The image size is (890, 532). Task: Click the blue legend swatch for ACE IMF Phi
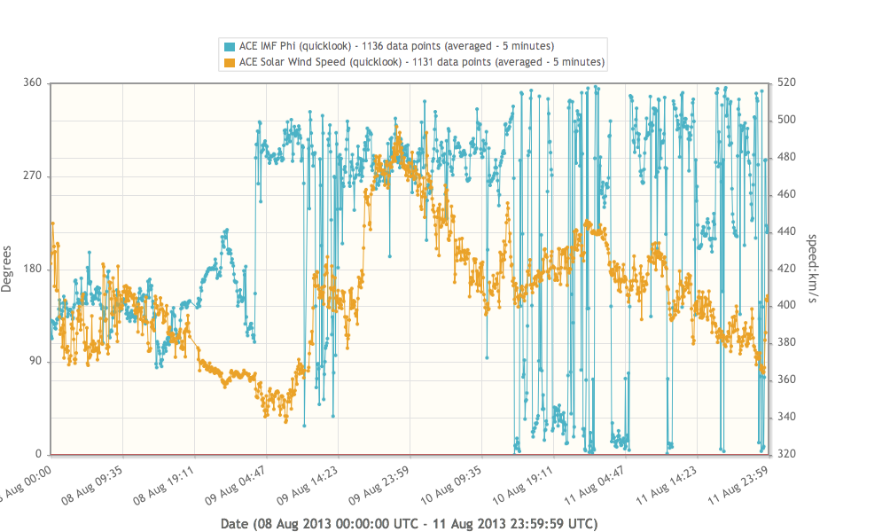click(230, 46)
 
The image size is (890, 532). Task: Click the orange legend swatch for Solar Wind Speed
click(230, 62)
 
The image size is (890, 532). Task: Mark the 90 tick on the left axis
click(35, 363)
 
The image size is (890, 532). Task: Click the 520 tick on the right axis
click(787, 82)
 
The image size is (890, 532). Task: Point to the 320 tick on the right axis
click(787, 454)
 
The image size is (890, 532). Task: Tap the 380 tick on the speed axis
click(787, 342)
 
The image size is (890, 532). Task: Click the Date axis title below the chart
click(409, 523)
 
